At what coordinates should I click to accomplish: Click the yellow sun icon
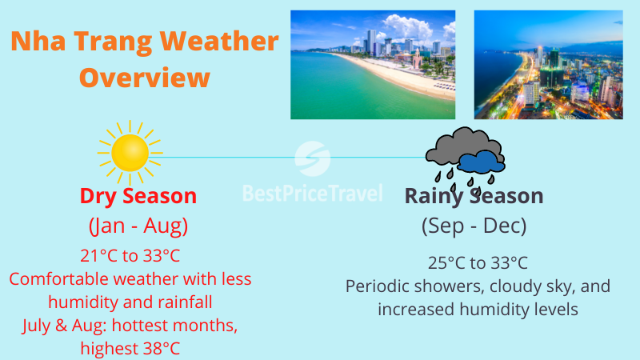(130, 152)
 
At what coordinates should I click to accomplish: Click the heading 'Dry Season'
(138, 196)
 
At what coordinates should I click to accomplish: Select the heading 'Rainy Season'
(474, 196)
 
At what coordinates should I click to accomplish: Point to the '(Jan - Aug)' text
(138, 226)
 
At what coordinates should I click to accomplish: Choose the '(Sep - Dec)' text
(474, 226)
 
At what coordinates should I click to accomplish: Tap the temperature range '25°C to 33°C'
(478, 263)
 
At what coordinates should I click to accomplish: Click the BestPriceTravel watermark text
(312, 193)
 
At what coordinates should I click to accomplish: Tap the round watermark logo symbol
(312, 158)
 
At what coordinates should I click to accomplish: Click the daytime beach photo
(372, 64)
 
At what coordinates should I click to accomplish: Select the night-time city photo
(548, 64)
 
